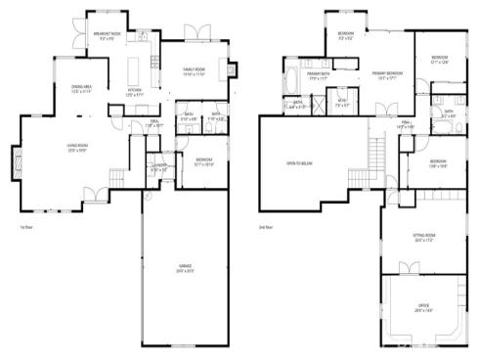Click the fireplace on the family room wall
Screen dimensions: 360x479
click(231, 70)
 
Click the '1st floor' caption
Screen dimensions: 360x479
click(27, 227)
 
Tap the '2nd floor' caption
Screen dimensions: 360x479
click(266, 227)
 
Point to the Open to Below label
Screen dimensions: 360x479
click(298, 162)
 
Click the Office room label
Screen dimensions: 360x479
click(422, 309)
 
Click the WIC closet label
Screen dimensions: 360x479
click(341, 101)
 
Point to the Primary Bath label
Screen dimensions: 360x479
click(318, 73)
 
